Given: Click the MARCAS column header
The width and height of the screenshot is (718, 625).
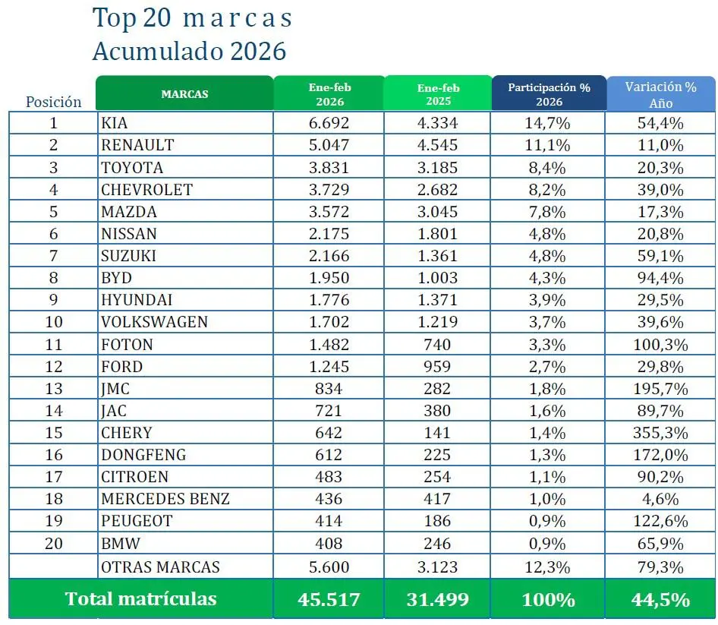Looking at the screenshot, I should click(x=184, y=94).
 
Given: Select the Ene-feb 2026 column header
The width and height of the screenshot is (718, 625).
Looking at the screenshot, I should click(x=329, y=94).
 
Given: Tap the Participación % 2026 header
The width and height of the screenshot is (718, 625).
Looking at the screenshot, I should click(x=549, y=94).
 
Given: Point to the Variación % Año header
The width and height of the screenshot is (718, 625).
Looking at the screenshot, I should click(x=660, y=94).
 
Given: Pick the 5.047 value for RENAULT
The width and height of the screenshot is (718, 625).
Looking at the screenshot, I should click(x=329, y=144).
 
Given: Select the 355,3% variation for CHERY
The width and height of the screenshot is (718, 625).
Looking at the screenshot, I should click(x=661, y=433).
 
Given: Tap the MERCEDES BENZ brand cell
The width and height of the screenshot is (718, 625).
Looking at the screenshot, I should click(x=165, y=499).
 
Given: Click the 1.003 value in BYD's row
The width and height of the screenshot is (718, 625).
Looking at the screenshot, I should click(x=437, y=278).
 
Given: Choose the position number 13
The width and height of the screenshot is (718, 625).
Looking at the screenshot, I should click(x=53, y=389).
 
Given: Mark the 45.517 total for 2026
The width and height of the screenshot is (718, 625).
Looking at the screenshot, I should click(x=329, y=599).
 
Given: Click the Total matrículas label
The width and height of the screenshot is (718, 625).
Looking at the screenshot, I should click(x=140, y=599).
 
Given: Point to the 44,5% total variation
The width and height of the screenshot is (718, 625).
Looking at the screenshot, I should click(x=660, y=599).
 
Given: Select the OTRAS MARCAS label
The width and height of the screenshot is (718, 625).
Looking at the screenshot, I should click(x=160, y=567).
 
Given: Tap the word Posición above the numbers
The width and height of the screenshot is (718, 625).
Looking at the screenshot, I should click(x=53, y=102).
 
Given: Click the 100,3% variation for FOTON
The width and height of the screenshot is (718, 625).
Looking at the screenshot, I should click(x=661, y=344).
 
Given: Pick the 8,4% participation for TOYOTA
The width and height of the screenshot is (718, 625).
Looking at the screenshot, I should click(x=549, y=167).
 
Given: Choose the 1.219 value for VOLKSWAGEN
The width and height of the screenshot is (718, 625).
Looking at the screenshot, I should click(x=437, y=322).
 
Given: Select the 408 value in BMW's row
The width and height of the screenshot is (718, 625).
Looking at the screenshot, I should click(x=329, y=544).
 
